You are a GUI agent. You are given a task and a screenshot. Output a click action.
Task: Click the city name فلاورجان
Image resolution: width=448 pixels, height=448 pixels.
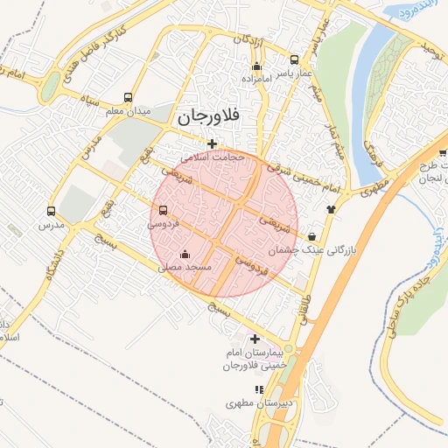pyautogui.click(x=208, y=115)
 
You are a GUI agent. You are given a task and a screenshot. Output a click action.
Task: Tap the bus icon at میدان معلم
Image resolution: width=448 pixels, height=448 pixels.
pyautogui.click(x=129, y=98)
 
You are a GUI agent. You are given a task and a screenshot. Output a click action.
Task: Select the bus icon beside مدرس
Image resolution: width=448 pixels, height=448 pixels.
pyautogui.click(x=51, y=212)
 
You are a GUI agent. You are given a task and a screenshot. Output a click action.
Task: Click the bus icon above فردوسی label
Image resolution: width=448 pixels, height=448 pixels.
pyautogui.click(x=164, y=211)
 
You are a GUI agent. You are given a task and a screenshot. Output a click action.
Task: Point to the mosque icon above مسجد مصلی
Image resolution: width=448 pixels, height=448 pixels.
pyautogui.click(x=182, y=255)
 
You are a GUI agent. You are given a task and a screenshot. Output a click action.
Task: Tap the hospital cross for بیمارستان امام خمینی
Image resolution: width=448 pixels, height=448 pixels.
pyautogui.click(x=255, y=339)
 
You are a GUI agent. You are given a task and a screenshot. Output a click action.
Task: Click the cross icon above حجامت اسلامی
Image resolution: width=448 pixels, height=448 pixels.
pyautogui.click(x=212, y=143)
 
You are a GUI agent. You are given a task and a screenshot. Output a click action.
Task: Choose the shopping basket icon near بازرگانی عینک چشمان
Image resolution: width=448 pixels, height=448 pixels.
pyautogui.click(x=312, y=236)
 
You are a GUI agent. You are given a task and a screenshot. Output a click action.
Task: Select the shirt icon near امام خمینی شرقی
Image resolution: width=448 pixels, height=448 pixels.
pyautogui.click(x=332, y=209)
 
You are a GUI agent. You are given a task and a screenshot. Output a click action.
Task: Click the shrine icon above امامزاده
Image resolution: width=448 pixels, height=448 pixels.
pyautogui.click(x=255, y=66)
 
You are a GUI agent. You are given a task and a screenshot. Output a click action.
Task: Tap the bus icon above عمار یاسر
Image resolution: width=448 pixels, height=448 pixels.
pyautogui.click(x=294, y=60)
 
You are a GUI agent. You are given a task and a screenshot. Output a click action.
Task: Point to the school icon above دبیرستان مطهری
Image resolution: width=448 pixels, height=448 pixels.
pyautogui.click(x=258, y=389)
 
